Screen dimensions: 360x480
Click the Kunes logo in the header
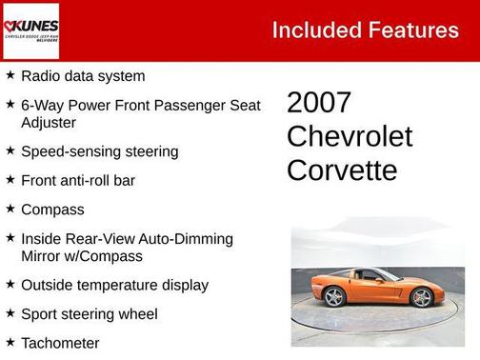[31, 30]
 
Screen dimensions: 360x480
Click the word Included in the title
[314, 30]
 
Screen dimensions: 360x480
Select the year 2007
[319, 104]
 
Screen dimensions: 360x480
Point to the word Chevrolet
[350, 137]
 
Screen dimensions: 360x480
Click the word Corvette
[342, 170]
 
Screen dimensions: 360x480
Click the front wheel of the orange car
[421, 298]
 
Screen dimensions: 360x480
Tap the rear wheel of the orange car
[334, 297]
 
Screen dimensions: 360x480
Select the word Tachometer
[60, 343]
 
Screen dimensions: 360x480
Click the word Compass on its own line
[52, 210]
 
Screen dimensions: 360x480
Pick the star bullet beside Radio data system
[10, 74]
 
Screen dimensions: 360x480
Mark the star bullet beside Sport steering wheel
[10, 312]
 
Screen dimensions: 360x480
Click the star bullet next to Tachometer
[10, 341]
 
